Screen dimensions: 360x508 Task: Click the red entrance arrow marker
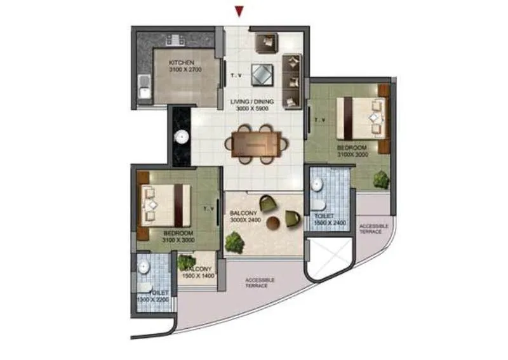coord(239,11)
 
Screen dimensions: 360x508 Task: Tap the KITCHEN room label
coord(181,62)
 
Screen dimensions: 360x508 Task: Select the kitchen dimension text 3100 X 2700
coord(185,70)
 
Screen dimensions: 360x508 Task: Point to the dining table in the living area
coord(253,143)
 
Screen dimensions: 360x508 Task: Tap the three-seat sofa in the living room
coord(291,80)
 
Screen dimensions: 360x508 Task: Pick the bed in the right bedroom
coord(362,117)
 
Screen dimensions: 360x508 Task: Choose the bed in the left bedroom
coord(164,204)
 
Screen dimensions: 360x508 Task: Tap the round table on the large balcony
coord(274,224)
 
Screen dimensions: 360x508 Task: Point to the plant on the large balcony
coord(235,240)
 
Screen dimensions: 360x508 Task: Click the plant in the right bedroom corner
coord(381,180)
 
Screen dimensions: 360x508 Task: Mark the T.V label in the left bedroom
coord(209,208)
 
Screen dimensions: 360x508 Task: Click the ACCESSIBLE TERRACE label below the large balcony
coord(259,283)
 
